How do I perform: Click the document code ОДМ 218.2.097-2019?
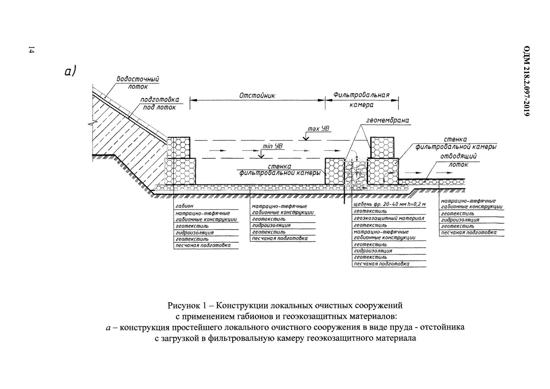tap(527, 81)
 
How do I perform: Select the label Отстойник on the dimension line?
tap(257, 95)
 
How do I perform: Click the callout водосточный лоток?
tap(138, 82)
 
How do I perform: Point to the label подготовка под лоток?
tap(159, 103)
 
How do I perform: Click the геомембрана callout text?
tap(388, 120)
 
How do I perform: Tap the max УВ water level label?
tap(319, 129)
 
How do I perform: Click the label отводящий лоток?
tap(459, 161)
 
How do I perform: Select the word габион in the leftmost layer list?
tap(184, 206)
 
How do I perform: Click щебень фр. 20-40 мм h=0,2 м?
tap(389, 205)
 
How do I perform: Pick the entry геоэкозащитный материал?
tap(389, 218)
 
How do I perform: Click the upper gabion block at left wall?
tap(179, 147)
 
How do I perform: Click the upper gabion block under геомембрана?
tap(382, 147)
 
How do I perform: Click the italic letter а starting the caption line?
tap(108, 328)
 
